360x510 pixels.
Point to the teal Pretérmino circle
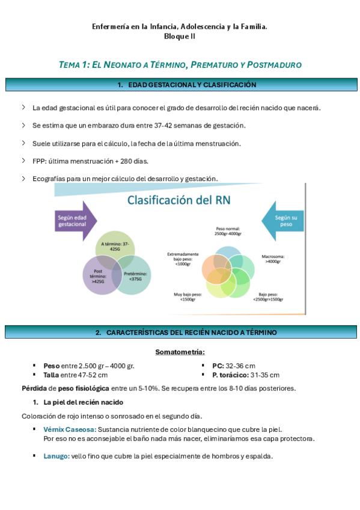point(132,275)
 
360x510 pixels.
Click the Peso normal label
point(229,233)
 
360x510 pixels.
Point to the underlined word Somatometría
point(180,351)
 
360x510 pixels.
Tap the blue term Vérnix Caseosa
point(70,429)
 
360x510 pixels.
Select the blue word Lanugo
point(56,456)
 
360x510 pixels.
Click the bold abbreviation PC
point(218,366)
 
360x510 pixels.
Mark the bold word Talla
point(50,375)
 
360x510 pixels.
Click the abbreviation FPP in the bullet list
point(38,161)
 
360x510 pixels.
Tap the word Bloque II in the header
point(180,36)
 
